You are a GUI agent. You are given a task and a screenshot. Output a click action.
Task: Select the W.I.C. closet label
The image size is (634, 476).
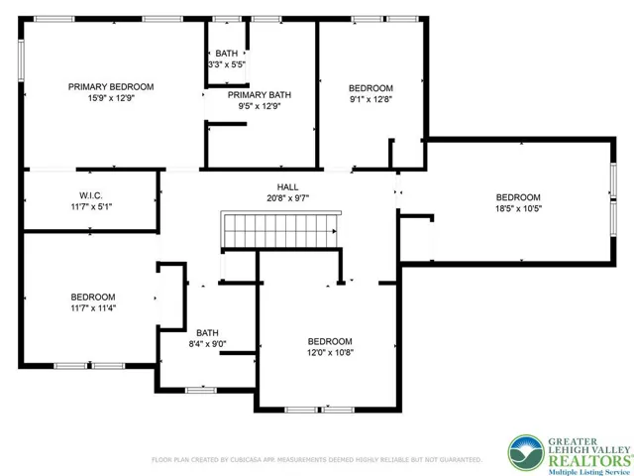(92, 195)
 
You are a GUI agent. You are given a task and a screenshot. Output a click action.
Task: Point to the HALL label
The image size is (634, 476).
(287, 186)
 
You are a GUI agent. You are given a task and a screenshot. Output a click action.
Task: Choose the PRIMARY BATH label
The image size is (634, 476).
(261, 95)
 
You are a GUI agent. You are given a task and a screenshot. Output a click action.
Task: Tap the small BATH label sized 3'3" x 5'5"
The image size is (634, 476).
(227, 53)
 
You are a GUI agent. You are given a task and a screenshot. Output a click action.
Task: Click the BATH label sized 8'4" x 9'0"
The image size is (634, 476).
(207, 333)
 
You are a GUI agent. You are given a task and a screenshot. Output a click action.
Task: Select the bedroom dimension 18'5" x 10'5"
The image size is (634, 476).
(518, 208)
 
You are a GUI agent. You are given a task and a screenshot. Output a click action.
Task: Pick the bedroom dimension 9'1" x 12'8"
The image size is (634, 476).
(371, 99)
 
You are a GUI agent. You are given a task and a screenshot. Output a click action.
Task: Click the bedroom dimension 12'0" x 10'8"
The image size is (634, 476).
(330, 352)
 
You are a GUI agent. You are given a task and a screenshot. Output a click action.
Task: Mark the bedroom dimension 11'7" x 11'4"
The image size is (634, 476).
(92, 308)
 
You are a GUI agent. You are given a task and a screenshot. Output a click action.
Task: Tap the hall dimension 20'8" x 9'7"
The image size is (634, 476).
(287, 197)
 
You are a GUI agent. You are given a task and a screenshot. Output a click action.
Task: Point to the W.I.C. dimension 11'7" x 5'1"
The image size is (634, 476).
(92, 206)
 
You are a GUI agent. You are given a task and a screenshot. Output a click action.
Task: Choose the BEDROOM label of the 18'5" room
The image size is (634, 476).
(518, 196)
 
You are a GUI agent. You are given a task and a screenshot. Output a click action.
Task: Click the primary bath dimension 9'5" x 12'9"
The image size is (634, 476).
(261, 106)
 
